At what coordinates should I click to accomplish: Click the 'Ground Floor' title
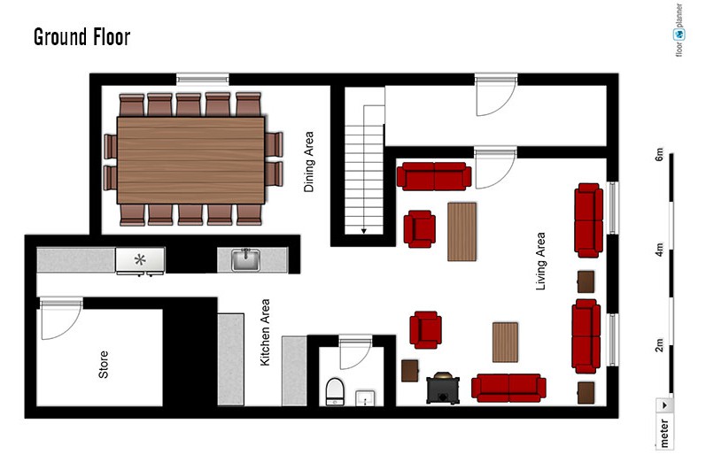tap(82, 37)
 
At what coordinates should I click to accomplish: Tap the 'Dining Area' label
tap(308, 162)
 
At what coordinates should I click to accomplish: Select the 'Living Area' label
tap(540, 261)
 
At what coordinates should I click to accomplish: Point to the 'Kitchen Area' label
tap(265, 333)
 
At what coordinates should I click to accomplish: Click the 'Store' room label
tap(103, 365)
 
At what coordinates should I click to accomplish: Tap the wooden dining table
tap(190, 160)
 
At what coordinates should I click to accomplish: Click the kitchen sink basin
tap(245, 260)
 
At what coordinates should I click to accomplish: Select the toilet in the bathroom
tap(335, 392)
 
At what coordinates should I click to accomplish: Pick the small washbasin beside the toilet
tap(365, 398)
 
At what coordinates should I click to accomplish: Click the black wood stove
tap(443, 389)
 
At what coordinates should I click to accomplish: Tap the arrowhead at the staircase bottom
tap(364, 231)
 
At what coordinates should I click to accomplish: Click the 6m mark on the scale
tap(659, 154)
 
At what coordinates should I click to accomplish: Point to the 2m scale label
tap(659, 345)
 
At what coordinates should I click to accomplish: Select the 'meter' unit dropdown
tap(664, 423)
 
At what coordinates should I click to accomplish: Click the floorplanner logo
tap(679, 30)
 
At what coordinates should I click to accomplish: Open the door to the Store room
tap(61, 319)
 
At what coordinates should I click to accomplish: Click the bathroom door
tap(356, 351)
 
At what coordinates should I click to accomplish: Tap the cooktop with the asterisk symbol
tap(140, 260)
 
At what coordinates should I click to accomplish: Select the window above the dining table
tap(203, 79)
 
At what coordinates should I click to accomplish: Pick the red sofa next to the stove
tap(508, 388)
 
